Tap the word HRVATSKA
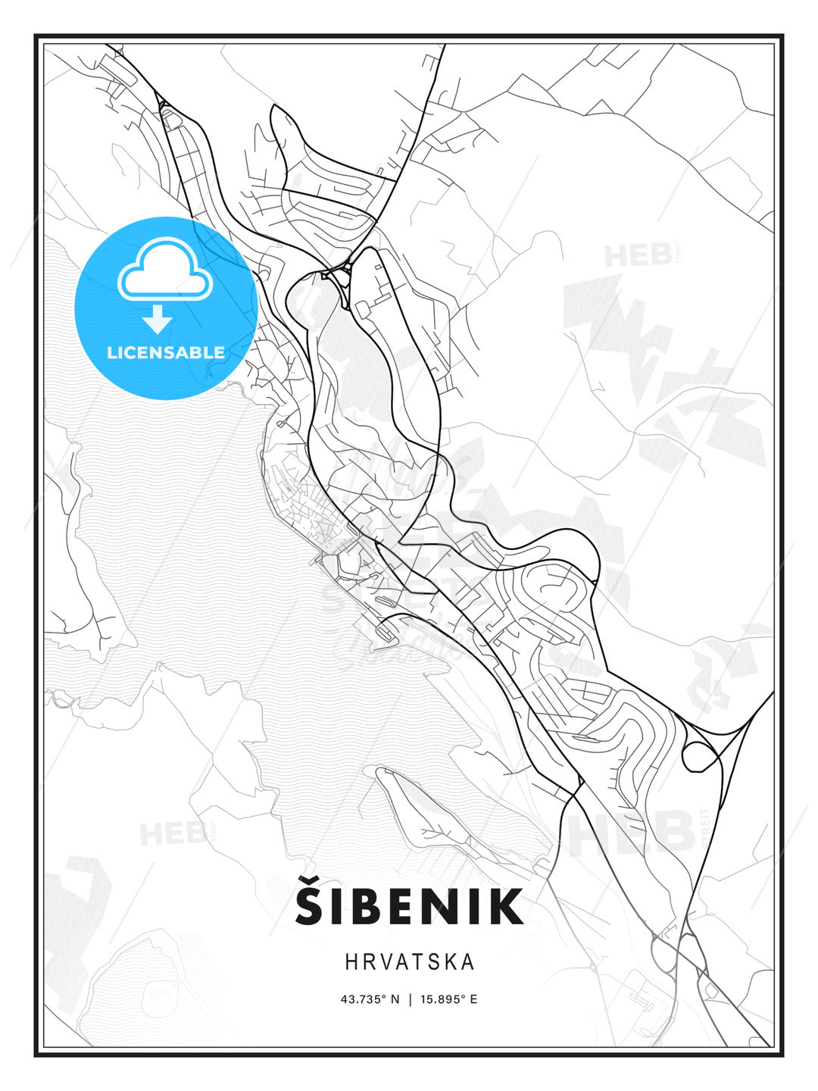[410, 962]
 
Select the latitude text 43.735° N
[370, 999]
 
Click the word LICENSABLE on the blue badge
[166, 352]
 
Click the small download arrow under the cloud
[158, 320]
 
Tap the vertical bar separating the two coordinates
[410, 999]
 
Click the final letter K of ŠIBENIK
[507, 906]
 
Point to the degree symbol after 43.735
[384, 996]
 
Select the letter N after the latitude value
[395, 999]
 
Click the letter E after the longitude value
[473, 999]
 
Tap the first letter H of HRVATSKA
[351, 962]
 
